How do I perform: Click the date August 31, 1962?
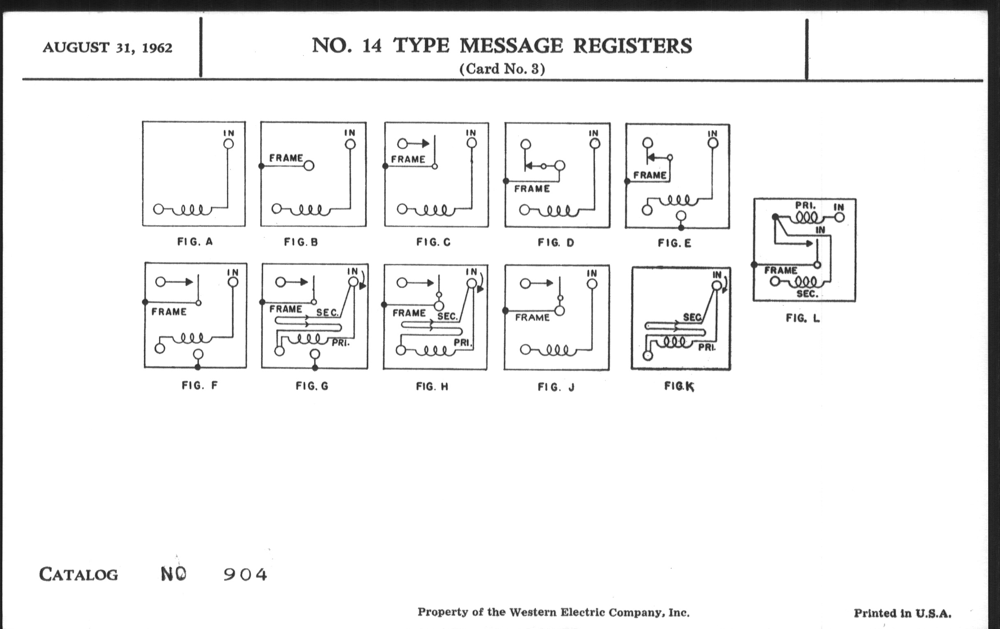pos(107,48)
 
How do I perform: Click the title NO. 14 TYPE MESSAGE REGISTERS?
pos(502,45)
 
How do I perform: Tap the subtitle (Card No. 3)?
pos(502,69)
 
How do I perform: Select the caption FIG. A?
pos(195,242)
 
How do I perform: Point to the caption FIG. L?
pos(802,319)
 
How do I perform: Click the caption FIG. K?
pos(678,386)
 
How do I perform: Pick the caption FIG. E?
pos(674,243)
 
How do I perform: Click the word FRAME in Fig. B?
pos(286,158)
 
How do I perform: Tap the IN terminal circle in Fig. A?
pos(228,143)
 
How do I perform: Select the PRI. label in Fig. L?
pos(805,206)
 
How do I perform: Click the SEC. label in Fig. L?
pos(807,294)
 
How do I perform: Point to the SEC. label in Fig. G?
pos(328,312)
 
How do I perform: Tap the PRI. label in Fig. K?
pos(706,347)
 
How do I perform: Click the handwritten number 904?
pos(245,575)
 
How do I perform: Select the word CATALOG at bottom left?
pos(79,575)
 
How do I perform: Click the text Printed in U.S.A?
pos(902,613)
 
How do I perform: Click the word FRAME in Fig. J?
pos(532,318)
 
